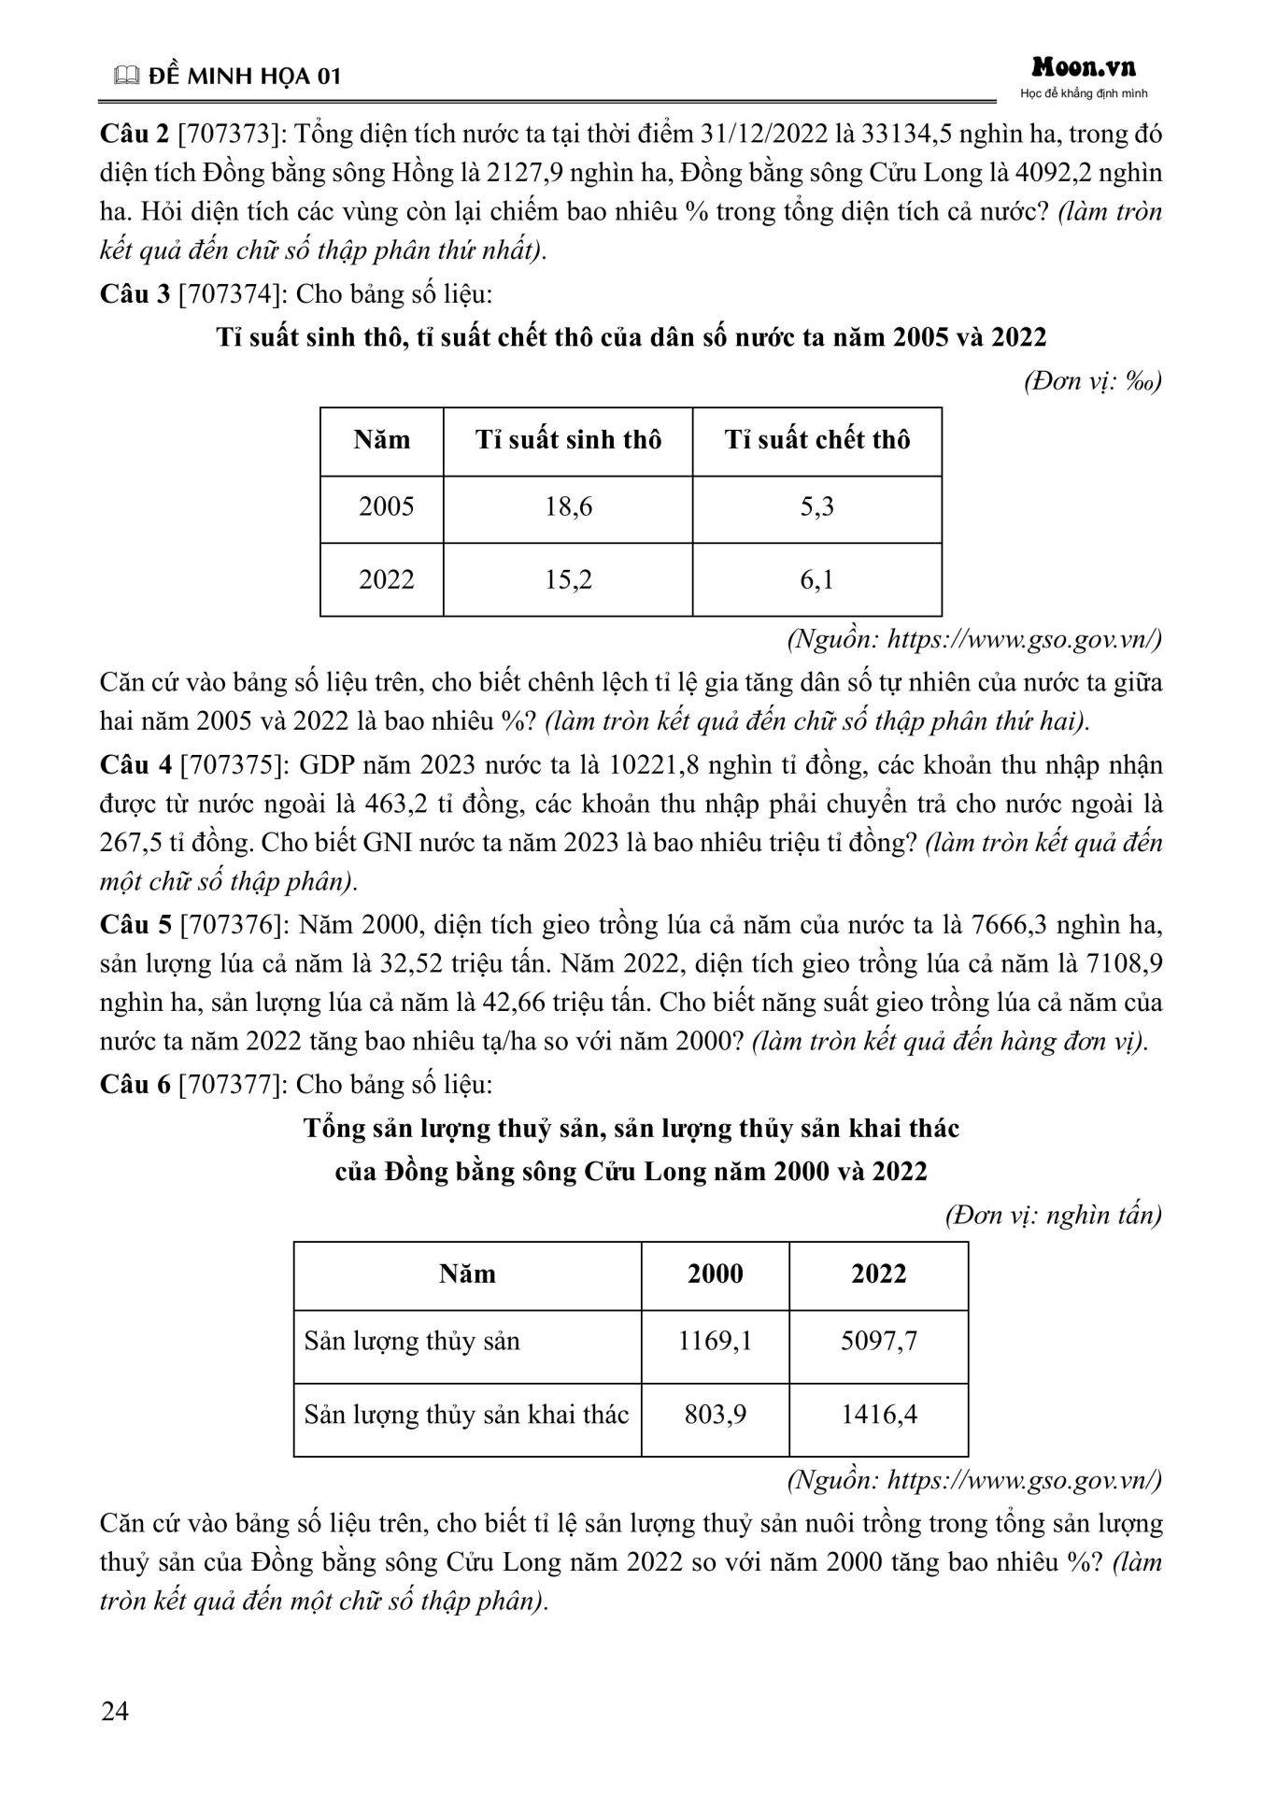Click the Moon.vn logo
(x=1084, y=67)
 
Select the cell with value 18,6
(x=568, y=507)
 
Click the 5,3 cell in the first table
(x=816, y=507)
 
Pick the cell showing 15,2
(x=568, y=580)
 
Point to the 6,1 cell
(x=816, y=580)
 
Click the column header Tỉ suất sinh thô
(x=568, y=440)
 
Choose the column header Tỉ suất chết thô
(x=816, y=440)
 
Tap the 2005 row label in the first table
(x=386, y=507)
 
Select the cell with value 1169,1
(x=715, y=1342)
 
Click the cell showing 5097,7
(x=878, y=1342)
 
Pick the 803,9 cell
(x=715, y=1415)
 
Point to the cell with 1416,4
(x=878, y=1415)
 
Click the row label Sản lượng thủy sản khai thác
(x=466, y=1415)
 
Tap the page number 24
(x=115, y=1711)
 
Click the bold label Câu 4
(x=135, y=765)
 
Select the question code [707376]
(x=234, y=925)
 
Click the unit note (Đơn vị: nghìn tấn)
(x=1053, y=1215)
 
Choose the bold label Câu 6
(x=135, y=1085)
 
